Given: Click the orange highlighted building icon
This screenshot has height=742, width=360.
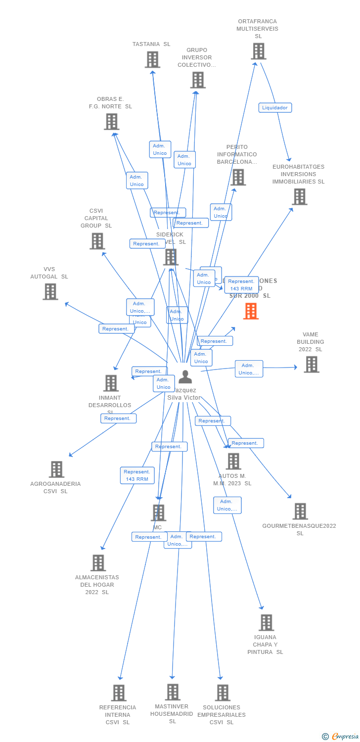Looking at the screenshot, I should (x=251, y=311).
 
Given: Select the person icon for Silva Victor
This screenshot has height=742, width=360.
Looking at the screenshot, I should (x=185, y=377).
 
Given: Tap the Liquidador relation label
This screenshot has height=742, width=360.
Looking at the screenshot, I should (x=275, y=108).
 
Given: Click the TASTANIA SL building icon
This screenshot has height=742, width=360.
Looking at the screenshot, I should (x=152, y=59).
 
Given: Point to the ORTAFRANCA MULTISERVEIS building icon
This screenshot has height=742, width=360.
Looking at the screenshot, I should (x=258, y=51).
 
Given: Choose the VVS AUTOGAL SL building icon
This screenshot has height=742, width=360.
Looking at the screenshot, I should (x=50, y=291).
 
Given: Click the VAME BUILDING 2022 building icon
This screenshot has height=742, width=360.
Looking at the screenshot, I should (x=311, y=364).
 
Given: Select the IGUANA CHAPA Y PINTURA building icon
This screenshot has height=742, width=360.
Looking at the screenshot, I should (x=266, y=622).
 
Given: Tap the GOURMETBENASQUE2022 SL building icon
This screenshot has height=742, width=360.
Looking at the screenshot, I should (x=300, y=511).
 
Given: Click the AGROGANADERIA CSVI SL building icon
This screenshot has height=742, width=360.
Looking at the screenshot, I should (x=56, y=469).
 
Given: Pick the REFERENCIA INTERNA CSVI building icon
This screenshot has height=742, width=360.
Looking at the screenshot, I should (x=118, y=693).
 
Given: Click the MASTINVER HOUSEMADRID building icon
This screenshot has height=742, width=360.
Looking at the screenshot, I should (x=172, y=692).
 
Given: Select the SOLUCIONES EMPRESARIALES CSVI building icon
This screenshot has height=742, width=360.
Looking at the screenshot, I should (x=223, y=693).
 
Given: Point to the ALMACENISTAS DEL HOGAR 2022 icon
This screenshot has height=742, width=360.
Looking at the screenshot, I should (x=98, y=562).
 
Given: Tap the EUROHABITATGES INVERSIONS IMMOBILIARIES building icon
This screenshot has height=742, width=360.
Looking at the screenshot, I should (x=299, y=196).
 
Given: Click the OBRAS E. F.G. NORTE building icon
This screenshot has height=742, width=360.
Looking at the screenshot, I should (x=111, y=121).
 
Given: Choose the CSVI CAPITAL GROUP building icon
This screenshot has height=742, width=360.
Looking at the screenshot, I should (x=97, y=241).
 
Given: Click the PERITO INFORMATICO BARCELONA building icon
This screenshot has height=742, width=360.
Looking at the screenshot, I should (x=238, y=177).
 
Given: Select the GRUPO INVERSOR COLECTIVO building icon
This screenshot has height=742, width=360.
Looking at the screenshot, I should (x=197, y=80).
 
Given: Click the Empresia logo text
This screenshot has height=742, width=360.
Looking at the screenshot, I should (x=345, y=737).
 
